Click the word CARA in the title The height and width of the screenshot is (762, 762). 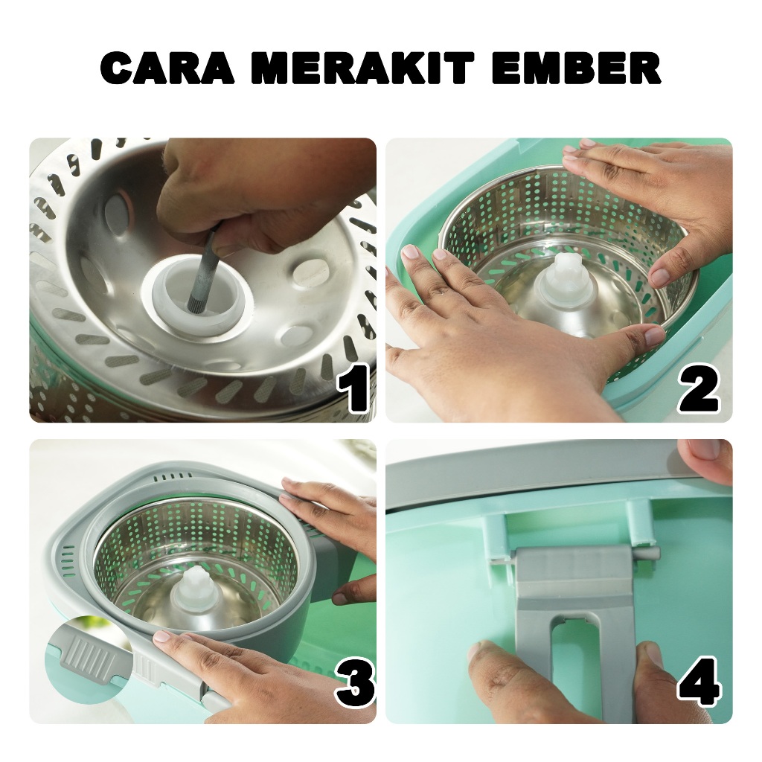pos(167,68)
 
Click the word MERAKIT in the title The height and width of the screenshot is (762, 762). pos(362,68)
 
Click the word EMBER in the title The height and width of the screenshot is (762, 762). pos(576,68)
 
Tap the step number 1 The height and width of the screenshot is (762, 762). pos(353,388)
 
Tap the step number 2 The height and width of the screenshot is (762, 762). pos(698,388)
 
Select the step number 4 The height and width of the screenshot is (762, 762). pos(699,682)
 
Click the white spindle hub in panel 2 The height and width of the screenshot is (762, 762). pos(566,286)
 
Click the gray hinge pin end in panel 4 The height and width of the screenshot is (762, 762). pos(648,554)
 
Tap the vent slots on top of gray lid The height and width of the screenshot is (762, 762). pos(170,477)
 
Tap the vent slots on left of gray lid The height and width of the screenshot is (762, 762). pos(68,561)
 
